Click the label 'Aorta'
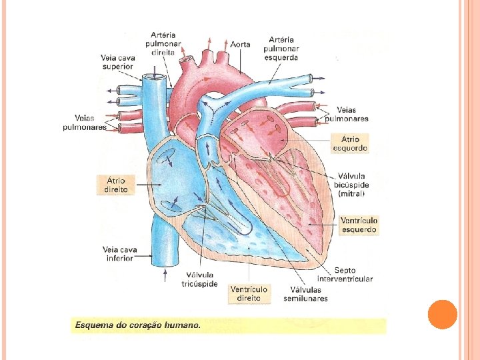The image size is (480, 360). (241, 45)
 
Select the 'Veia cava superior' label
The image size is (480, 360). (117, 62)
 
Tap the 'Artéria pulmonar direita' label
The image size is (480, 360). (163, 43)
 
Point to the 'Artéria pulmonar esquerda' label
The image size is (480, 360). (281, 48)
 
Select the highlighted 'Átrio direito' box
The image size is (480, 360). (116, 185)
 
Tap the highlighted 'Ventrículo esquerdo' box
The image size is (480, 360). (359, 225)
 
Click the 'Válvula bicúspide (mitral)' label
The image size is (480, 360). (353, 185)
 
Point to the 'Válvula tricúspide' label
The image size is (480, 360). (201, 279)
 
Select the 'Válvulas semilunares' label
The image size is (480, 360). (309, 294)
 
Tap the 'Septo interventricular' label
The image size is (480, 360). (345, 275)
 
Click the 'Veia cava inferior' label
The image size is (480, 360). (120, 254)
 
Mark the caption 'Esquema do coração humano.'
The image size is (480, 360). (137, 326)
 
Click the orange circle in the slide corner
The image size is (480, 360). (443, 314)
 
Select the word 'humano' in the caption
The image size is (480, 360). (181, 326)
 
